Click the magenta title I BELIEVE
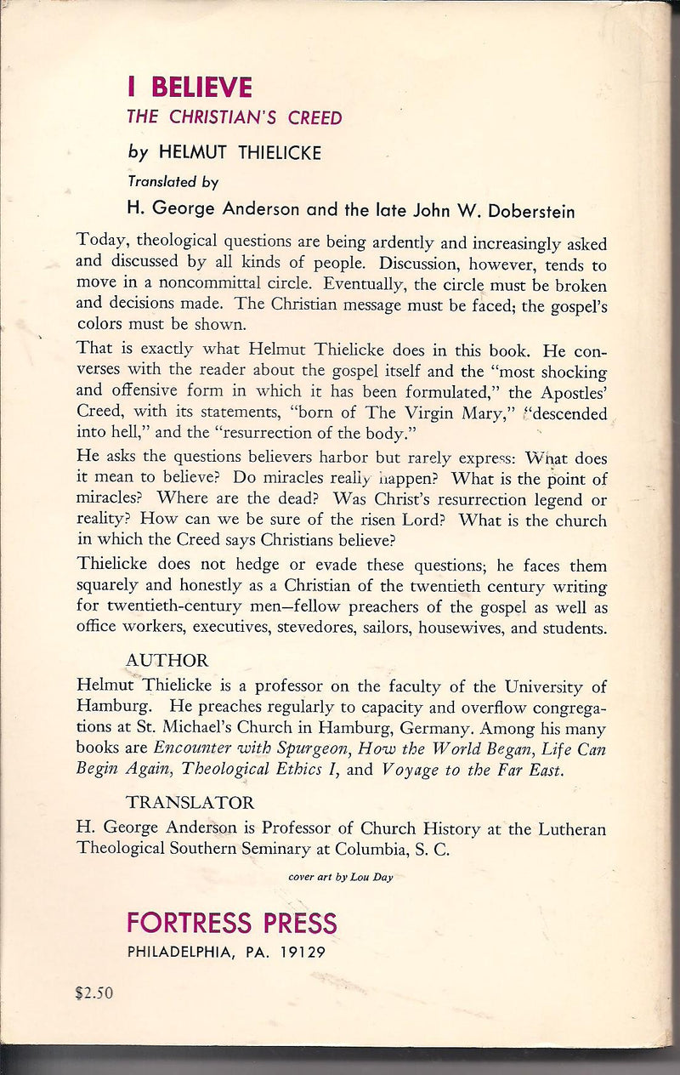(x=190, y=88)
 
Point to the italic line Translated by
(x=173, y=181)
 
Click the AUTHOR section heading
(x=167, y=661)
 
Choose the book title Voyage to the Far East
(x=473, y=770)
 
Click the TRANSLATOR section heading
(x=190, y=803)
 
